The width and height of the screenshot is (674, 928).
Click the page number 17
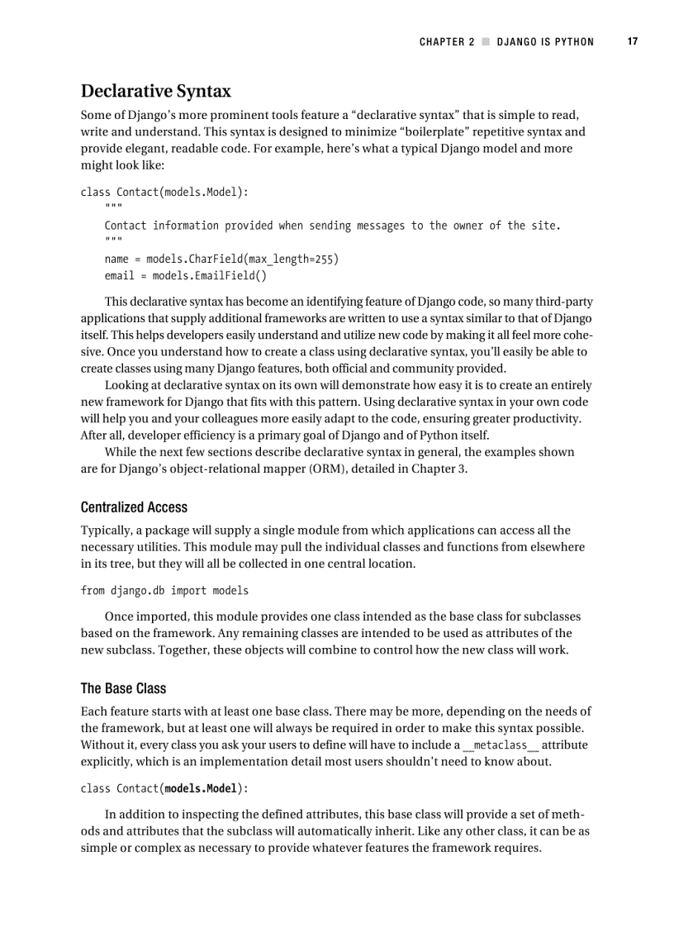point(632,42)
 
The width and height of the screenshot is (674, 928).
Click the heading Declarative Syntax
point(155,91)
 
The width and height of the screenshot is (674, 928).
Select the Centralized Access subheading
point(134,507)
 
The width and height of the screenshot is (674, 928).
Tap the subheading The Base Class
point(123,688)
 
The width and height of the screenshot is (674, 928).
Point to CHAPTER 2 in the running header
point(447,42)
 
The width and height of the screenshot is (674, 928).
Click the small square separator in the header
point(486,42)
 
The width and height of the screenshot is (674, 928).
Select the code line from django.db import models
point(164,591)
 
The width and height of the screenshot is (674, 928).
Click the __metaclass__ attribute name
point(500,745)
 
